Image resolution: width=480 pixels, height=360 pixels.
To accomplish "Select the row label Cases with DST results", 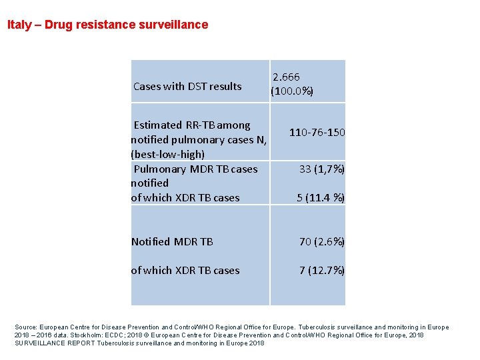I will click(187, 86).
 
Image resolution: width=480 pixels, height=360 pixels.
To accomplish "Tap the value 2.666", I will click(286, 77).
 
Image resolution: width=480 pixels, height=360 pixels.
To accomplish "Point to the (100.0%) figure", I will click(292, 91).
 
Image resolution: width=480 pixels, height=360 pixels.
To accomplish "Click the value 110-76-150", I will click(317, 133).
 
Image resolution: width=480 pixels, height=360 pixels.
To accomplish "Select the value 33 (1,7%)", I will click(322, 169).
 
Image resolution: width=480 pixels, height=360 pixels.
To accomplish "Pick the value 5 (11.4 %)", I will click(321, 197).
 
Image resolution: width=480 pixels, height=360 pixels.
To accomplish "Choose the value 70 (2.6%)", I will click(322, 241).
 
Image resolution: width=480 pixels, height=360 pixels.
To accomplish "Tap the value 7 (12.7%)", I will click(322, 270).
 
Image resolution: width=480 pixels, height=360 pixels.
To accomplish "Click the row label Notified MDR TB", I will click(172, 241).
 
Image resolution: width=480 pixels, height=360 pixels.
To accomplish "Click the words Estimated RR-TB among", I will click(192, 125).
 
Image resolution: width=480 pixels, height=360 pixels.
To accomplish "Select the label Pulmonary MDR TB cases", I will click(195, 169).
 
